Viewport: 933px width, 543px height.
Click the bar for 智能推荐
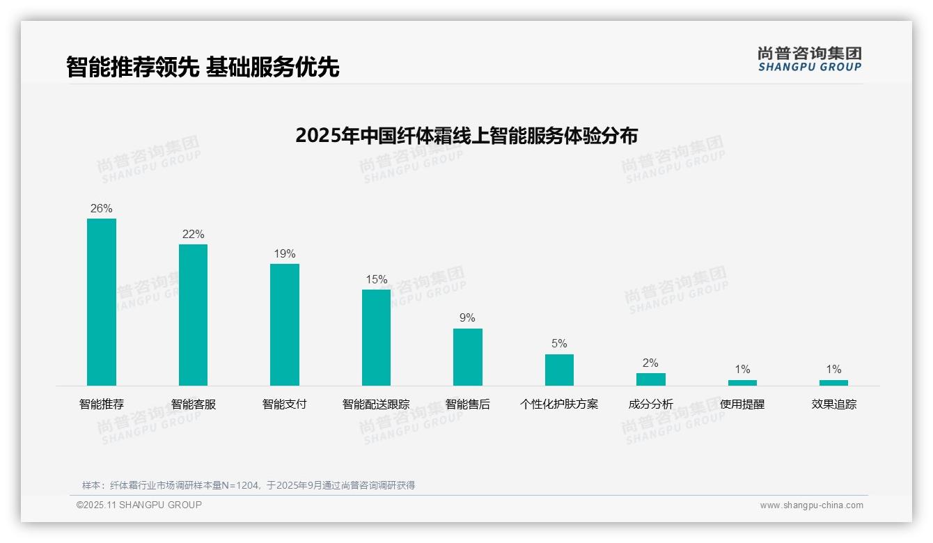click(102, 302)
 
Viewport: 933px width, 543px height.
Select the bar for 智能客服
click(193, 315)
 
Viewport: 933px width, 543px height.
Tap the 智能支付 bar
click(285, 324)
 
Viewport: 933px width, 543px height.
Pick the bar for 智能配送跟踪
click(376, 338)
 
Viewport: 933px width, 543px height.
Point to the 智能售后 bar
click(468, 357)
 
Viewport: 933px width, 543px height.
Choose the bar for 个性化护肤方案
click(559, 370)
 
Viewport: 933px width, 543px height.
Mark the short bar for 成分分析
click(651, 379)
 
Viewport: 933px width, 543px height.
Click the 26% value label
click(102, 209)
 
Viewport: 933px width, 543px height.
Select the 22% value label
click(193, 235)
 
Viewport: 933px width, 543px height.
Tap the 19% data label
click(285, 254)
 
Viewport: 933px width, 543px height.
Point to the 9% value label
click(468, 318)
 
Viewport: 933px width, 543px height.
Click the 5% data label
click(559, 344)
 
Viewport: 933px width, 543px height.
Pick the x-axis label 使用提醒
click(742, 404)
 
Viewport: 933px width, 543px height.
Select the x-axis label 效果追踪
click(834, 404)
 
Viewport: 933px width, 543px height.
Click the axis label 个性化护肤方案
click(559, 404)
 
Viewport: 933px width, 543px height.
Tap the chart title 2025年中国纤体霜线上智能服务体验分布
click(466, 136)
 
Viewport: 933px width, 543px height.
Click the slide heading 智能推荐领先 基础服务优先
click(203, 68)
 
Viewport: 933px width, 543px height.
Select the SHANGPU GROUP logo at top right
click(810, 59)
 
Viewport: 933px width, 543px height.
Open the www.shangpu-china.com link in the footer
click(811, 505)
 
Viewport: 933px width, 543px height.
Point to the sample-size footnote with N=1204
click(249, 485)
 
